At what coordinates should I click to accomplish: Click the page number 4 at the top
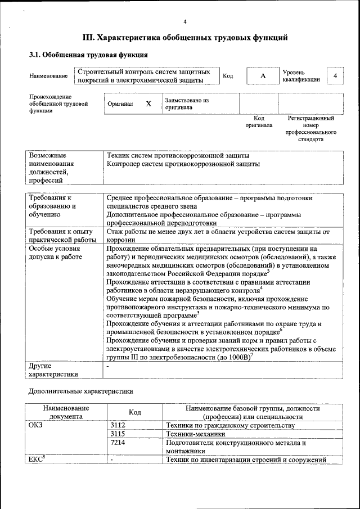pyautogui.click(x=185, y=21)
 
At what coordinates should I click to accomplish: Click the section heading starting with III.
pyautogui.click(x=185, y=38)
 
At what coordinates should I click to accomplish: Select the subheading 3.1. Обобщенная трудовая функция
pyautogui.click(x=88, y=55)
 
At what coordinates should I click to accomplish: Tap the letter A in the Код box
pyautogui.click(x=262, y=76)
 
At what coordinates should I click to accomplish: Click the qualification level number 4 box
pyautogui.click(x=335, y=76)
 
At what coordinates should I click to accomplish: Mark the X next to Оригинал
pyautogui.click(x=148, y=104)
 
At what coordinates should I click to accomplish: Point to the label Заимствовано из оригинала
pyautogui.click(x=187, y=104)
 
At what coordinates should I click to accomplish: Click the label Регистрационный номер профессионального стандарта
pyautogui.click(x=310, y=129)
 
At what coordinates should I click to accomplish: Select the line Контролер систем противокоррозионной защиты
pyautogui.click(x=183, y=164)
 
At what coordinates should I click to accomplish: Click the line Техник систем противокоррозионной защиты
pyautogui.click(x=178, y=155)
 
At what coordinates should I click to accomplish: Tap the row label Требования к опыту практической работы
pyautogui.click(x=62, y=235)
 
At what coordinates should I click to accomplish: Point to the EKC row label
pyautogui.click(x=37, y=460)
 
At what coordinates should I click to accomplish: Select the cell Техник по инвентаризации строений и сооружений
pyautogui.click(x=246, y=460)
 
